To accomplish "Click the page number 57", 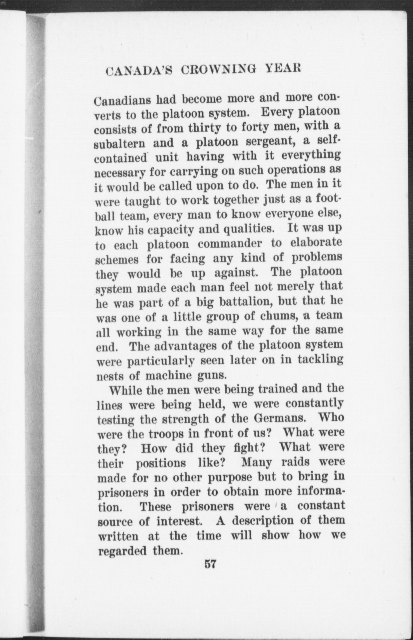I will [210, 564].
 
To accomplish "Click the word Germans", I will [280, 418].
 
